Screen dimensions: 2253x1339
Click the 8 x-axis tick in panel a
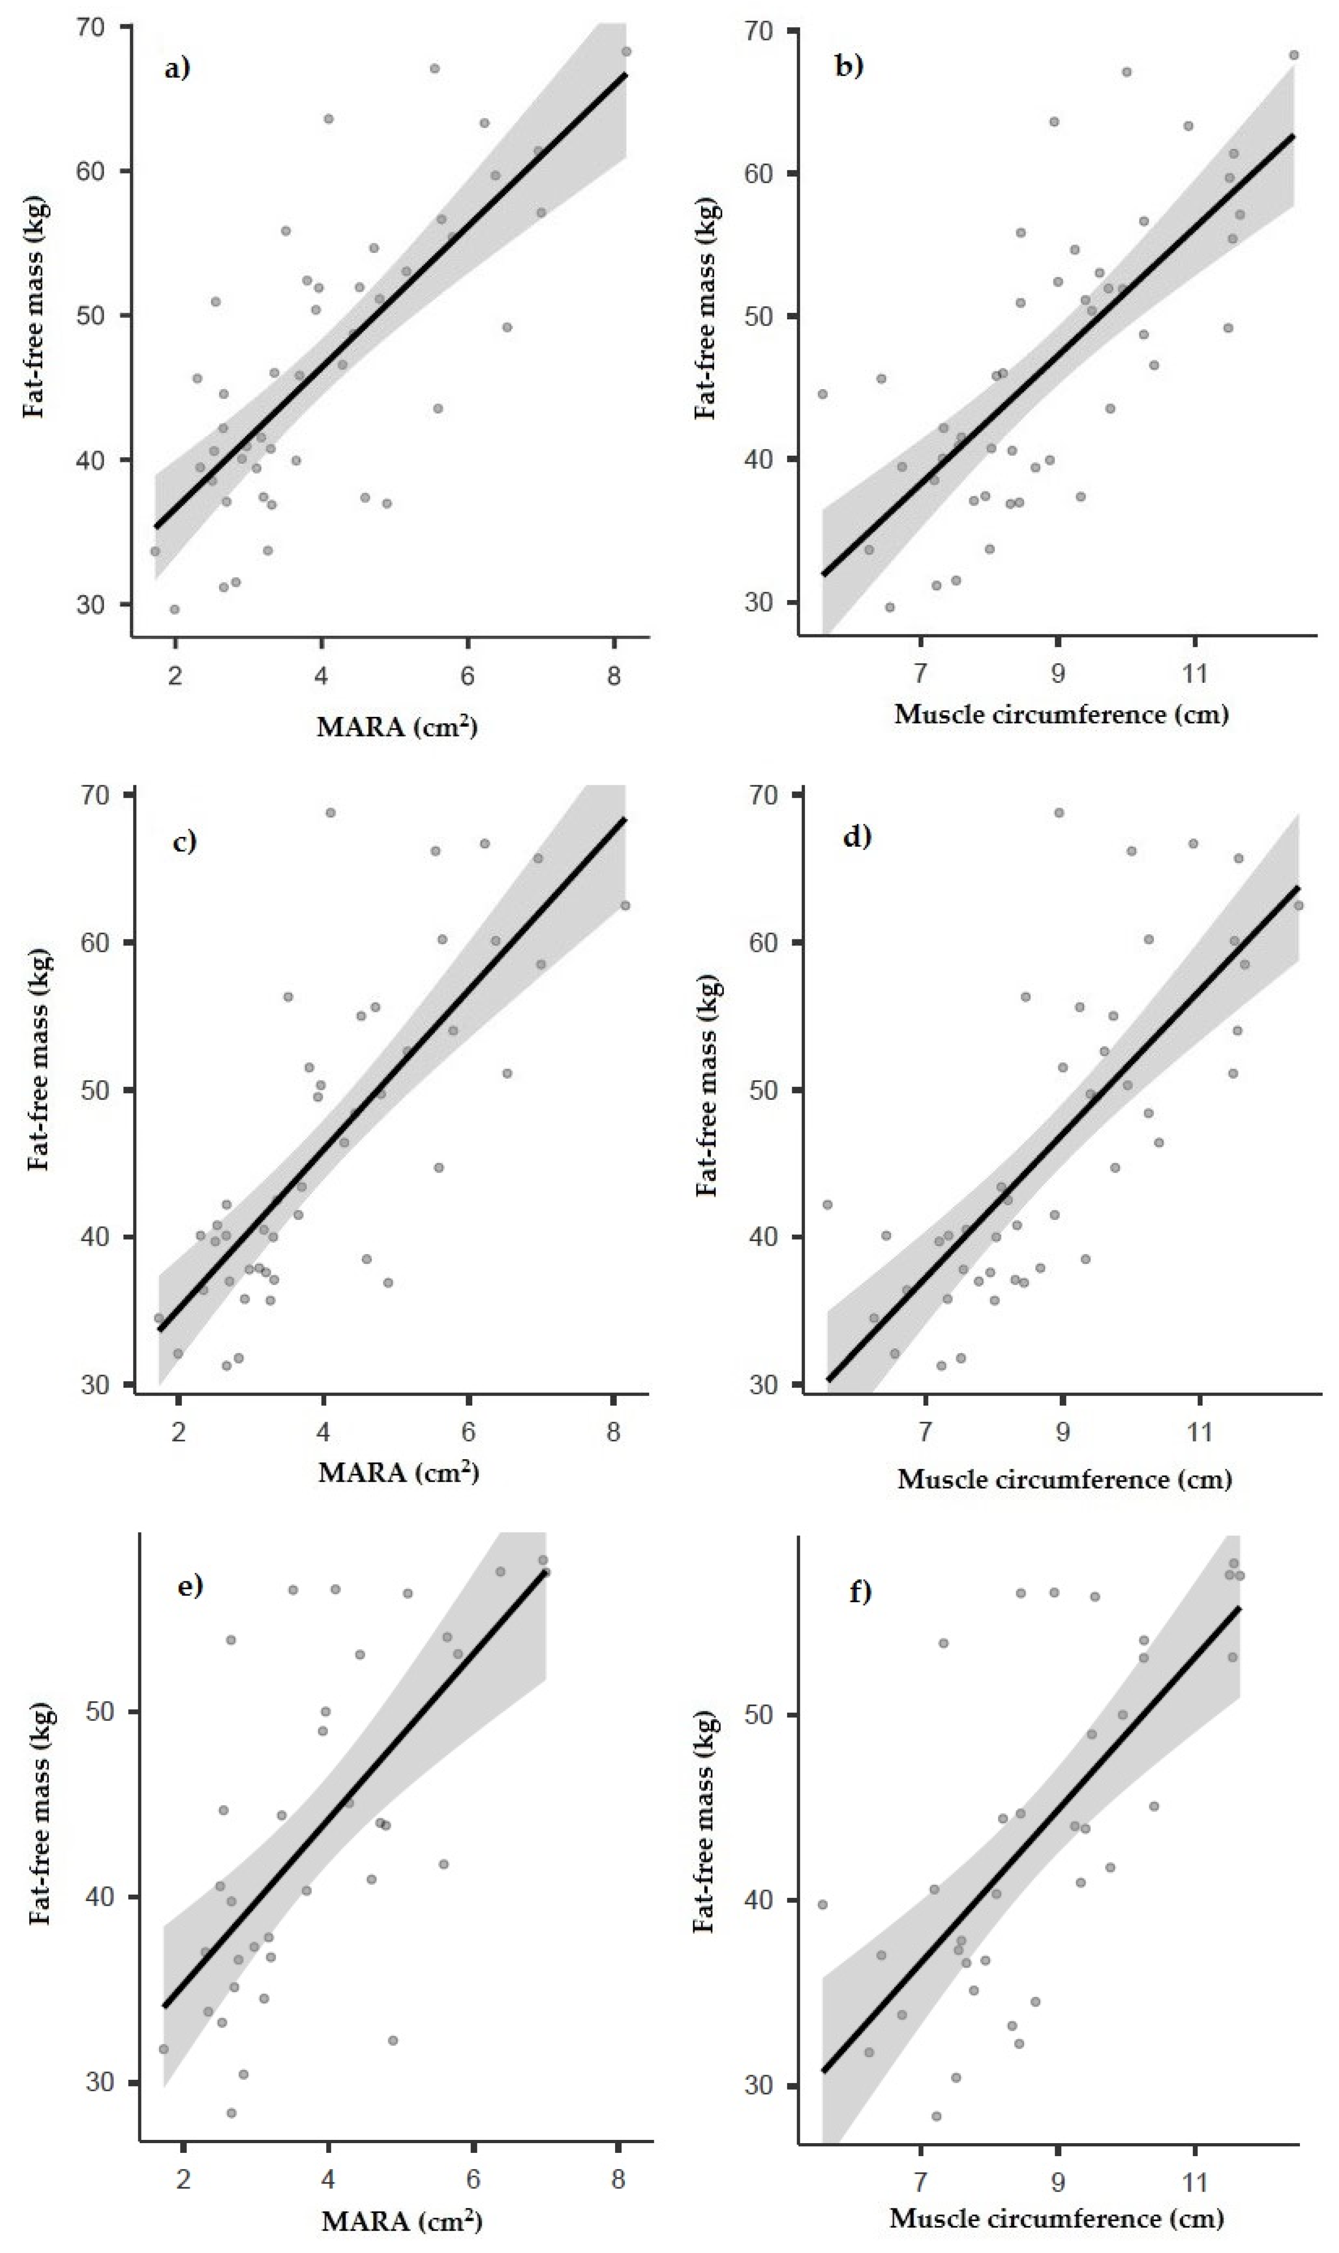[614, 676]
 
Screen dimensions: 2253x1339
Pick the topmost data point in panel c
[330, 812]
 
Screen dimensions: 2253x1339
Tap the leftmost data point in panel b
[822, 393]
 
